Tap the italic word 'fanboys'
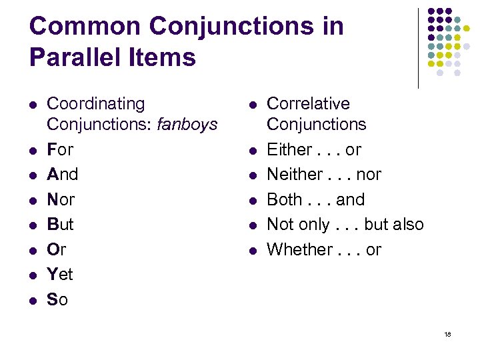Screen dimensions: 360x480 (189, 124)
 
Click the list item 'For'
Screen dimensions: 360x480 (60, 149)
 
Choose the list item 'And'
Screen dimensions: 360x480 (62, 174)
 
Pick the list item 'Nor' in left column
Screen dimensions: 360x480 (61, 199)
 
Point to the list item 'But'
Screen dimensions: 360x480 (60, 224)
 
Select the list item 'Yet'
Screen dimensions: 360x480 (60, 274)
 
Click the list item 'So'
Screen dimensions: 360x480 (57, 299)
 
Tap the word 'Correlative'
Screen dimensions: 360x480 (308, 104)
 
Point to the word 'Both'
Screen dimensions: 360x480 (285, 199)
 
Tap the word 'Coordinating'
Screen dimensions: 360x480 (95, 104)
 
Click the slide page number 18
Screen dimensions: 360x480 (447, 333)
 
